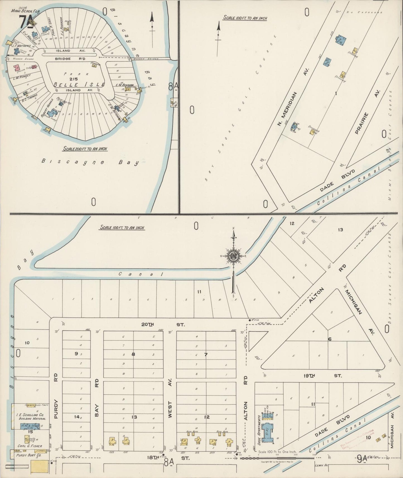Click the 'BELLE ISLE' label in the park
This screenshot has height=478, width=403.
point(79,85)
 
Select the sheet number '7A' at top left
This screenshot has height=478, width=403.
point(25,20)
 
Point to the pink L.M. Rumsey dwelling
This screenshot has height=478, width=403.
point(17,68)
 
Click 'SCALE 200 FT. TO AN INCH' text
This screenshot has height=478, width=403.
point(85,149)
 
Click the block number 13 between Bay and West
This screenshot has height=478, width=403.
point(134,417)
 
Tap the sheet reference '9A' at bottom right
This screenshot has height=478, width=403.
point(361,458)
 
